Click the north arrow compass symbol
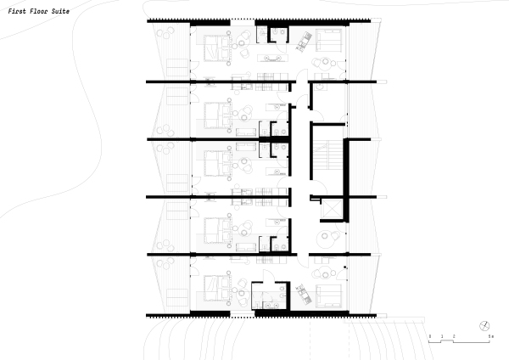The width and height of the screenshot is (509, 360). click(x=484, y=326)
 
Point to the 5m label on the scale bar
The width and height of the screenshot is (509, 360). click(x=492, y=337)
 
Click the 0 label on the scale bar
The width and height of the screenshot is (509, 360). click(x=430, y=337)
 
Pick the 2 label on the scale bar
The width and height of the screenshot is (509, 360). click(x=455, y=337)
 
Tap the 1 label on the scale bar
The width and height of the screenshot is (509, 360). click(x=442, y=337)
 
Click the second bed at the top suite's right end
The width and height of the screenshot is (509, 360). click(x=329, y=41)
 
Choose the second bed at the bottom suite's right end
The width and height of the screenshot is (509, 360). click(x=329, y=295)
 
